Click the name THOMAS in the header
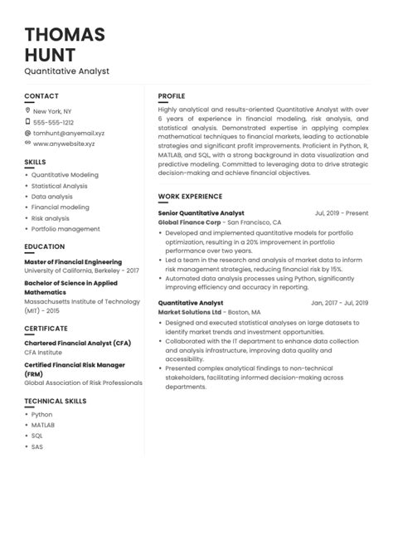(x=65, y=35)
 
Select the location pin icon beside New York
(x=27, y=110)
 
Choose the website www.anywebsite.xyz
(x=64, y=144)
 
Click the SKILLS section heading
(x=35, y=162)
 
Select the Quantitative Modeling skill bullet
(x=65, y=175)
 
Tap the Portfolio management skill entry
(x=65, y=229)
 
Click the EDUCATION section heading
(x=44, y=246)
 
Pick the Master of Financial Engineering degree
(x=73, y=262)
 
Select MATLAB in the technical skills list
(x=43, y=425)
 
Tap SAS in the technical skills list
(x=37, y=446)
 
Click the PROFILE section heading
(x=172, y=96)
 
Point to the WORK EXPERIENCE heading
(x=190, y=197)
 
